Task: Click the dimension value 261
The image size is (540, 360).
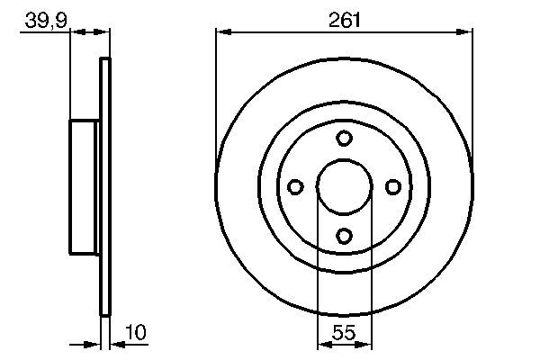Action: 344,17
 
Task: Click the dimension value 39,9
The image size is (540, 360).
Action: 45,17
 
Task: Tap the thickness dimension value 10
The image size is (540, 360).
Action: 135,333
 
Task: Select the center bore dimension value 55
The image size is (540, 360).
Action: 344,333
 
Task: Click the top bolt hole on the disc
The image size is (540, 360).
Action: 344,138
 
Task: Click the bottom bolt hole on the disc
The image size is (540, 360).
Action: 344,236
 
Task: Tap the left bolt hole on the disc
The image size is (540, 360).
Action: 294,186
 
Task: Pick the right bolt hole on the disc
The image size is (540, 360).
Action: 392,186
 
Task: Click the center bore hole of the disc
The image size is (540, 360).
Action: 344,186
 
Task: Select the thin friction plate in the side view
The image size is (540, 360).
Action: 105,186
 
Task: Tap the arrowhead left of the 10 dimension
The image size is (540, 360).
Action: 94,344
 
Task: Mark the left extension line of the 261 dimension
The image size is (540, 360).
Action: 216,90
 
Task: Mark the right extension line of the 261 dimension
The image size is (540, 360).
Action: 472,90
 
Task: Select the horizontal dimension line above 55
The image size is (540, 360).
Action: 344,344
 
